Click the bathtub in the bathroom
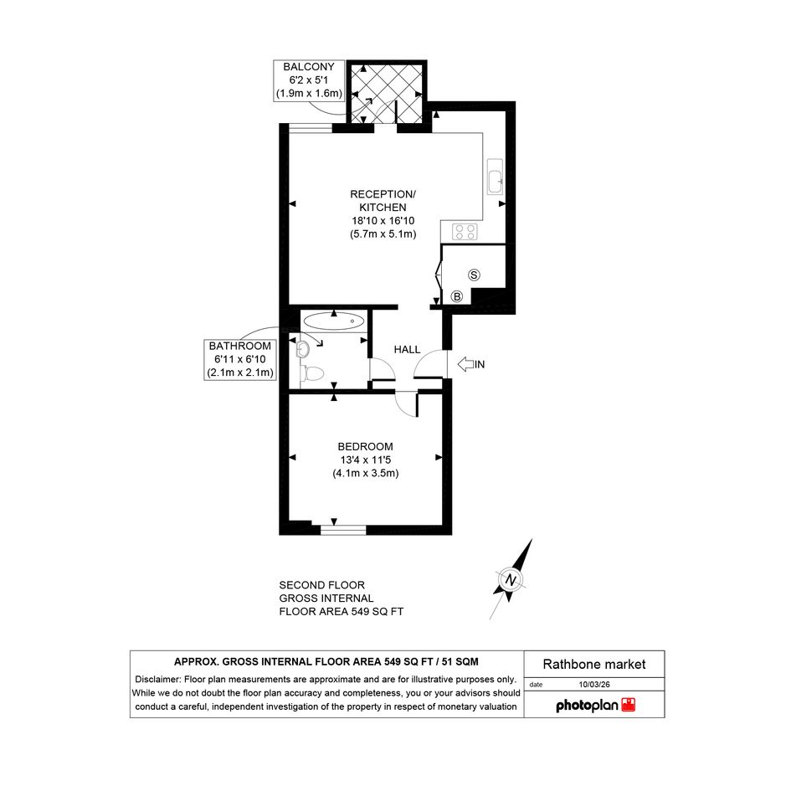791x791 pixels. tap(334, 321)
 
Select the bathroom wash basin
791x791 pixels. tap(303, 348)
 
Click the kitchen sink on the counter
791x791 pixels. tap(495, 177)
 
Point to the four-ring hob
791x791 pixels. tap(465, 232)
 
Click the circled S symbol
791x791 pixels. tap(474, 275)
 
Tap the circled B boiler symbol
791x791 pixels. tap(457, 296)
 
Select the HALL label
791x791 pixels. tap(407, 350)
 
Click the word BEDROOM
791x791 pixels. tap(365, 446)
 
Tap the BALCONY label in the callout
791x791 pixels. tap(309, 67)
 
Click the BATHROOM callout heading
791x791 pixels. tap(240, 346)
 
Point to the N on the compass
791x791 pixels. tap(511, 579)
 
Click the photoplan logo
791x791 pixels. tap(595, 706)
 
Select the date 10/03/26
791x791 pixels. tap(594, 685)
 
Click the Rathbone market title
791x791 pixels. tap(594, 665)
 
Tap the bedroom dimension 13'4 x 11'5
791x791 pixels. tap(365, 460)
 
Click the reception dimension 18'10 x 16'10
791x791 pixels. tap(383, 220)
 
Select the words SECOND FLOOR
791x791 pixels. tap(322, 585)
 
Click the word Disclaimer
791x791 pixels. tap(157, 680)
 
